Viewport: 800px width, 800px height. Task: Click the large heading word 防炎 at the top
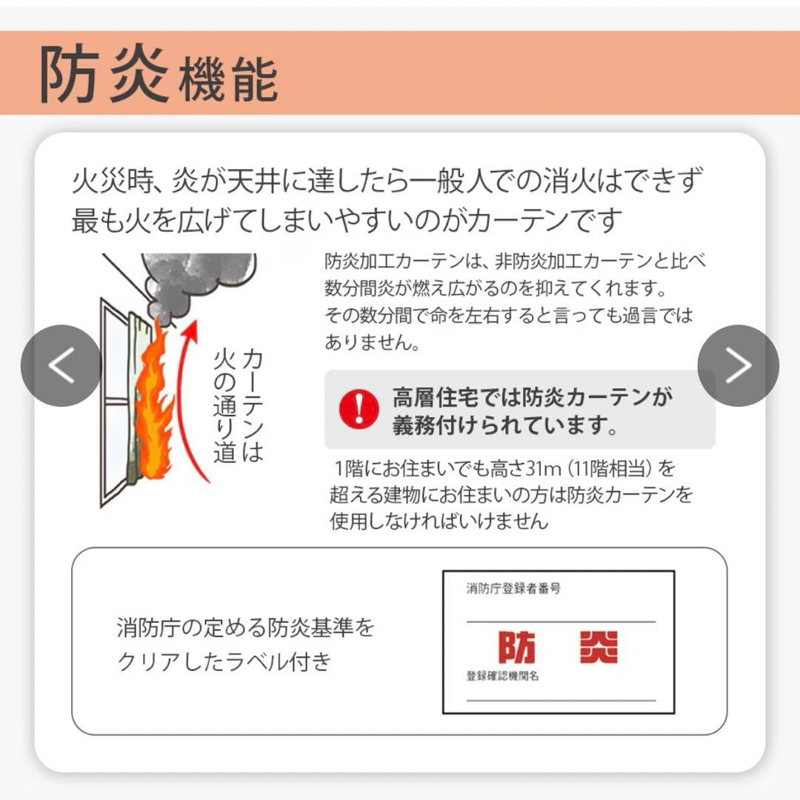coord(104,75)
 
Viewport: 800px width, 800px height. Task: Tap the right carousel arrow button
coord(738,365)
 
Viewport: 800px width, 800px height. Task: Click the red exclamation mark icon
coord(359,409)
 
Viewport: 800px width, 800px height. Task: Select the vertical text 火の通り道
coord(224,407)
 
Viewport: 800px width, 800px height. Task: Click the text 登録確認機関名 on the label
coord(502,676)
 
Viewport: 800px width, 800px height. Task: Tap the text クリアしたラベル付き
coord(223,661)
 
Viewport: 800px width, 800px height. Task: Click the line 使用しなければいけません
coord(439,521)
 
